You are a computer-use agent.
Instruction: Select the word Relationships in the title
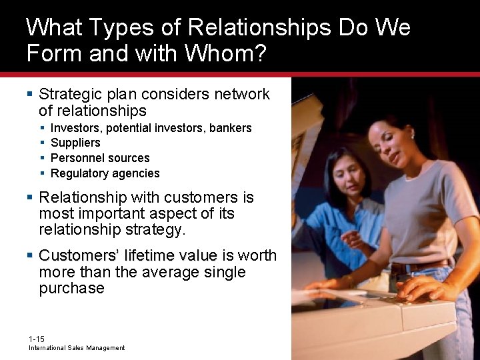[259, 27]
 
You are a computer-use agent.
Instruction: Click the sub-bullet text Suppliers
[75, 143]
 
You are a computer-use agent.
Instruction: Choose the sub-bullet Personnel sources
[100, 158]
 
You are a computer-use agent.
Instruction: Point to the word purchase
[71, 288]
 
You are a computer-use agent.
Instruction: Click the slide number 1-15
[37, 339]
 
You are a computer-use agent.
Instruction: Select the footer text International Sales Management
[76, 348]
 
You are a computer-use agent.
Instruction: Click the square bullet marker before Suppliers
[43, 143]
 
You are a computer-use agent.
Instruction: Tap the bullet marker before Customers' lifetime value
[30, 255]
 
